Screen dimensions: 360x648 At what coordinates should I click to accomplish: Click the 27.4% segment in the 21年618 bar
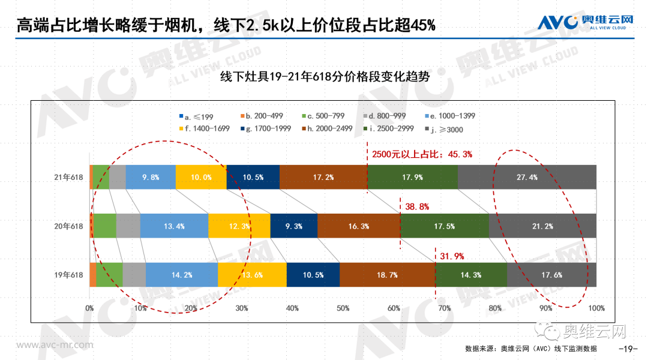click(x=527, y=177)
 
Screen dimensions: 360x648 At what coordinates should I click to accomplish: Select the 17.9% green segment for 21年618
click(x=412, y=177)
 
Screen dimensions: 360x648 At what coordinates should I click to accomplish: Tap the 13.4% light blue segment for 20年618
click(x=174, y=226)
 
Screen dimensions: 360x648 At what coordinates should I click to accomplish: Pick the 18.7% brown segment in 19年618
click(x=387, y=275)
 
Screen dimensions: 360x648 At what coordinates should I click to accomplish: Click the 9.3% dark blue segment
click(x=293, y=226)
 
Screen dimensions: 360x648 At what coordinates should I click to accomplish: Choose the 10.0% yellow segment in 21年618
click(x=201, y=177)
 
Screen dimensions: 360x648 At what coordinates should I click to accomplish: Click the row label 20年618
click(x=68, y=226)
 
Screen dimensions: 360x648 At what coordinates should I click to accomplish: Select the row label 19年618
click(x=68, y=275)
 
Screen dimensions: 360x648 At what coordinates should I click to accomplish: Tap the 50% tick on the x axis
click(x=343, y=308)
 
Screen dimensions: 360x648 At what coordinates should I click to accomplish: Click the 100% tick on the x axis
click(x=596, y=308)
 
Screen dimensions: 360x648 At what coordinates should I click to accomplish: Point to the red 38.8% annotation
click(x=417, y=206)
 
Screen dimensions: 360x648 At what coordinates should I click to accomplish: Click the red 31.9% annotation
click(x=452, y=256)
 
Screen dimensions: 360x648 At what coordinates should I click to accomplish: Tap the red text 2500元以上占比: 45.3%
click(x=422, y=154)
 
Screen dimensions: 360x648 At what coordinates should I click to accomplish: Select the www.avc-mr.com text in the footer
click(x=55, y=346)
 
